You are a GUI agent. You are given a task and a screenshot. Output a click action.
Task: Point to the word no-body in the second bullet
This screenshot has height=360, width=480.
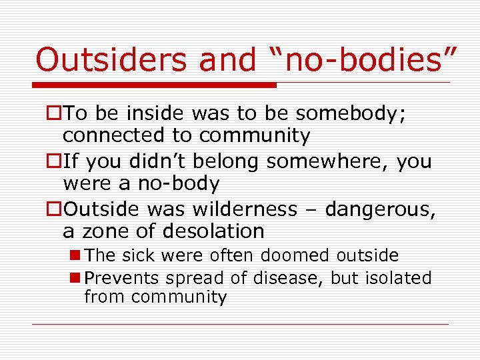pos(179,183)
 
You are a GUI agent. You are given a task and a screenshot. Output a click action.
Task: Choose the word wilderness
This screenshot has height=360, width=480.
pos(245,209)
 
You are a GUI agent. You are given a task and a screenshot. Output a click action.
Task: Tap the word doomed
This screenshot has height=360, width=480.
pos(295,255)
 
